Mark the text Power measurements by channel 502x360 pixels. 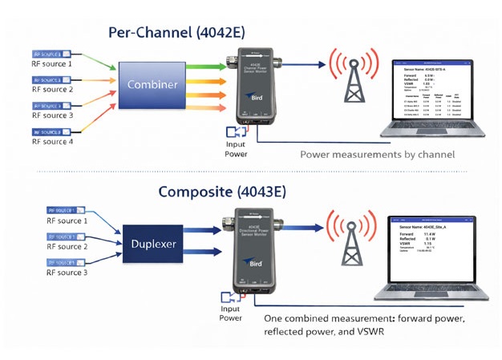[x=377, y=154]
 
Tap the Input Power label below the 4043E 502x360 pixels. [x=230, y=313]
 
